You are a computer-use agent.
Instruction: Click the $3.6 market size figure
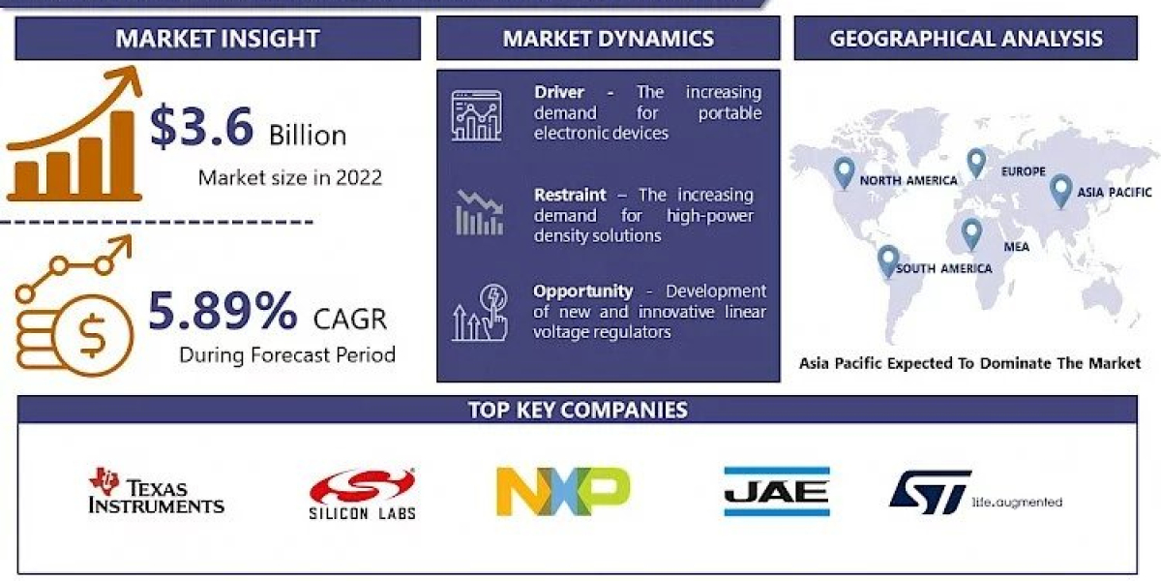click(x=201, y=128)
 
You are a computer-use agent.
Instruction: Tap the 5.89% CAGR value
click(x=223, y=311)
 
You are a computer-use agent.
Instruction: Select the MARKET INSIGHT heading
click(x=218, y=39)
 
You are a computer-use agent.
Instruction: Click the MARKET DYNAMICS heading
click(x=608, y=39)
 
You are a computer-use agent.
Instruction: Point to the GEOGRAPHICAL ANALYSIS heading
click(x=966, y=39)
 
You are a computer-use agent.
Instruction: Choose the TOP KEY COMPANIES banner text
click(x=578, y=409)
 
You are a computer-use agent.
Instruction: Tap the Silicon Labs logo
click(x=362, y=493)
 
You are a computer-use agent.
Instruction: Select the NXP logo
click(x=563, y=491)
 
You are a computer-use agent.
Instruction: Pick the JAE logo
click(x=776, y=491)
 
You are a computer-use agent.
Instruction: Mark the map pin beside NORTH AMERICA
click(x=845, y=172)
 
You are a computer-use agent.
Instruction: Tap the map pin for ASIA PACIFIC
click(x=1060, y=189)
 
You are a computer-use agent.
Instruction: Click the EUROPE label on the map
click(x=1023, y=171)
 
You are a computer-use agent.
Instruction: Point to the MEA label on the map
click(x=1016, y=247)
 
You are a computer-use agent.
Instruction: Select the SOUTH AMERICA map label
click(x=943, y=268)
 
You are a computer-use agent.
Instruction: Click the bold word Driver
click(x=559, y=92)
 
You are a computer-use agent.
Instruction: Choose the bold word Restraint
click(x=570, y=195)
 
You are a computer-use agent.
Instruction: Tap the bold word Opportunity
click(x=582, y=290)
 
